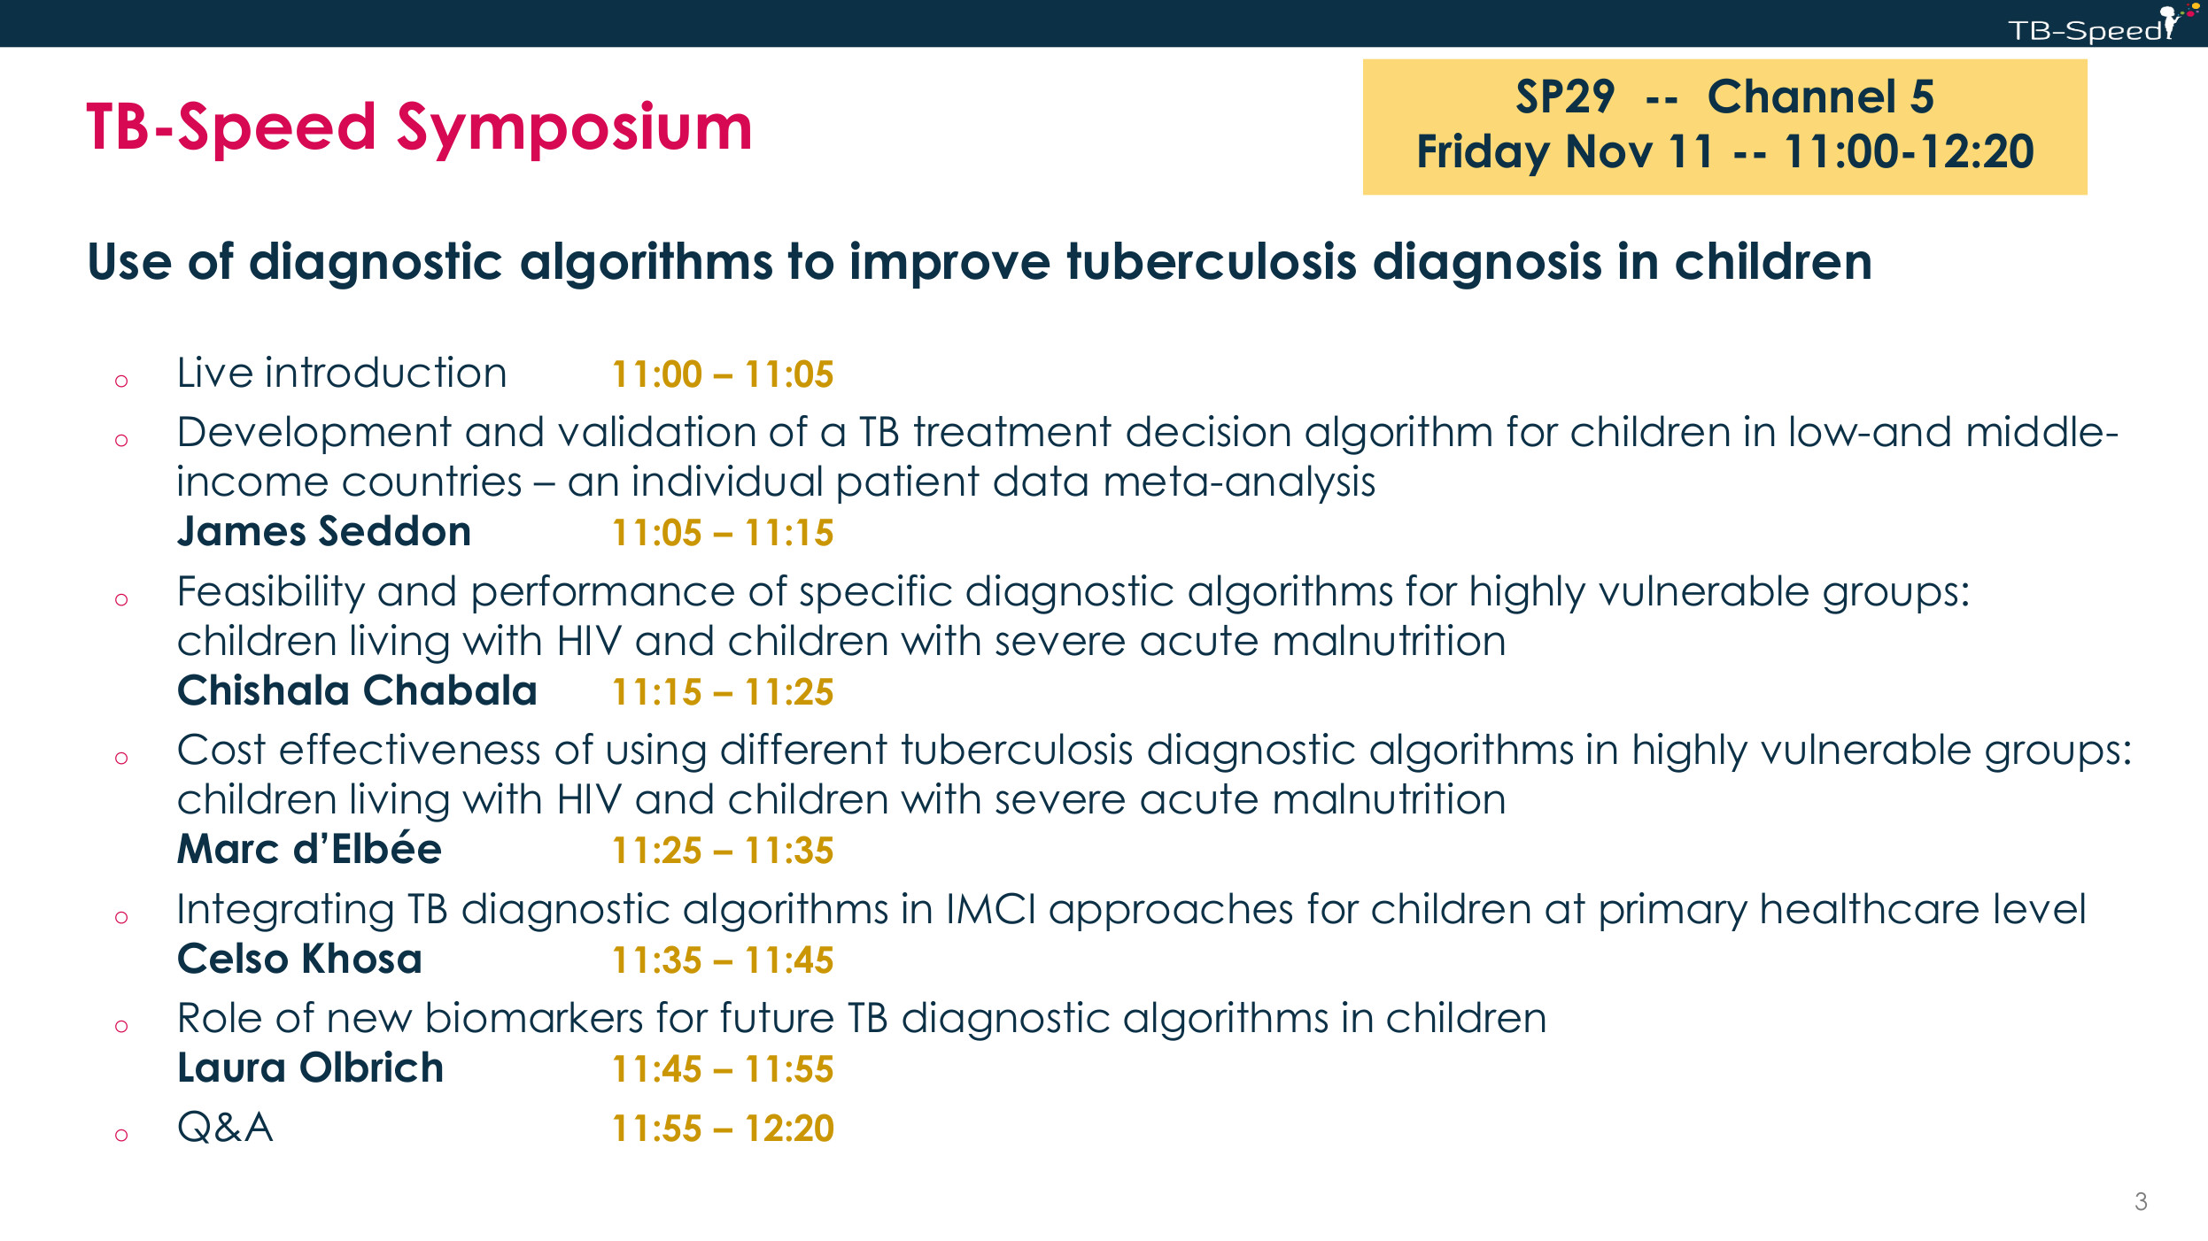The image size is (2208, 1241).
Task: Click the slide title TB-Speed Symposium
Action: click(419, 128)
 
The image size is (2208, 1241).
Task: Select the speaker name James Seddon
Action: click(324, 531)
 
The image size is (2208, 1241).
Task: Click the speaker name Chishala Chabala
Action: click(357, 690)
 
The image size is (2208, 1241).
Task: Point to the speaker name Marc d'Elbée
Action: click(309, 849)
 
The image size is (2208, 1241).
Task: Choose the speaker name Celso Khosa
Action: click(299, 959)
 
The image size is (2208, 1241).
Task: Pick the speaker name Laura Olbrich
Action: click(310, 1068)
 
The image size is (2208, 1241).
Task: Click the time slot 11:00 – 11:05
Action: click(723, 374)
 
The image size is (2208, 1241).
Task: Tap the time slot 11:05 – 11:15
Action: click(723, 533)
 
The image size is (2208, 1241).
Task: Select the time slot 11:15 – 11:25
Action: click(723, 692)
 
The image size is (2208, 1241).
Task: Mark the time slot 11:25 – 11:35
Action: click(723, 851)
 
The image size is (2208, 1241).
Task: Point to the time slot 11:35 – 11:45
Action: click(723, 960)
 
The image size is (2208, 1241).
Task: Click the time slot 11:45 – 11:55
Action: click(723, 1069)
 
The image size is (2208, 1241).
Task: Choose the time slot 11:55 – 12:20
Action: click(723, 1129)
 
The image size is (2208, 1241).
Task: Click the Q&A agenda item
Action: click(225, 1128)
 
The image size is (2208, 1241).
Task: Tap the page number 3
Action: click(2141, 1201)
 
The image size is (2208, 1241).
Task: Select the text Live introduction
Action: click(342, 373)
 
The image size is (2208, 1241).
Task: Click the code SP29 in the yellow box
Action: click(1565, 96)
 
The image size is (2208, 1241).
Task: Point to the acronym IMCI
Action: click(991, 909)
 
